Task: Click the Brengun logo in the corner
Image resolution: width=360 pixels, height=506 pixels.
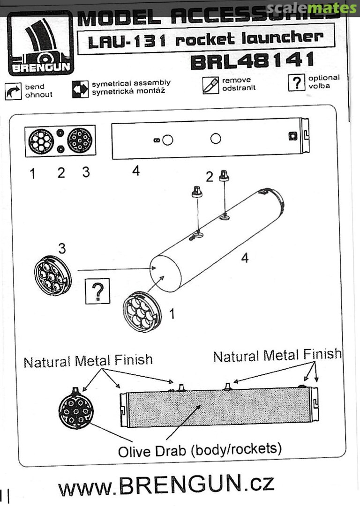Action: point(40,45)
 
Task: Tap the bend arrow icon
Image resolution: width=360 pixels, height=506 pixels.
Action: point(13,90)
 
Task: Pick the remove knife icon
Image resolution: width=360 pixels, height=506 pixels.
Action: point(211,84)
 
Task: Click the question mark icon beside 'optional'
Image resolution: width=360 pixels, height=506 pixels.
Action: point(297,83)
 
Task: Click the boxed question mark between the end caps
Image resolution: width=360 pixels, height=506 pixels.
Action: point(97,291)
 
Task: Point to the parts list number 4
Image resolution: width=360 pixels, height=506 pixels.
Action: point(135,171)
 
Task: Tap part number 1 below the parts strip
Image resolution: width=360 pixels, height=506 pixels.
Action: point(32,174)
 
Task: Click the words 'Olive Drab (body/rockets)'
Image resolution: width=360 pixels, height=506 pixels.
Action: point(200,450)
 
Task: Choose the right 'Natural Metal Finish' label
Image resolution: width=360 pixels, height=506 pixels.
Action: point(277,356)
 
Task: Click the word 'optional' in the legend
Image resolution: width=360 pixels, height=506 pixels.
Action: point(324,78)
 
